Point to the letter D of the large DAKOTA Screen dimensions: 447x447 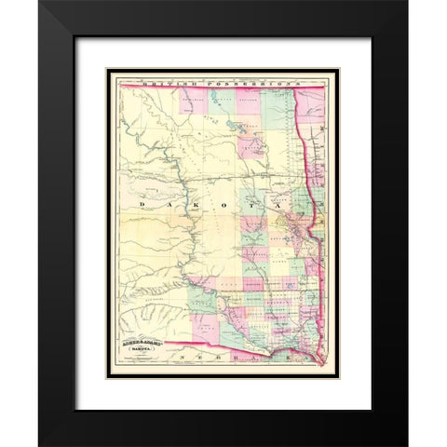[142, 201]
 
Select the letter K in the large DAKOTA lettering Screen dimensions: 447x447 [199, 201]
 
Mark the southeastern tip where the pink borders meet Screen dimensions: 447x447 [321, 363]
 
